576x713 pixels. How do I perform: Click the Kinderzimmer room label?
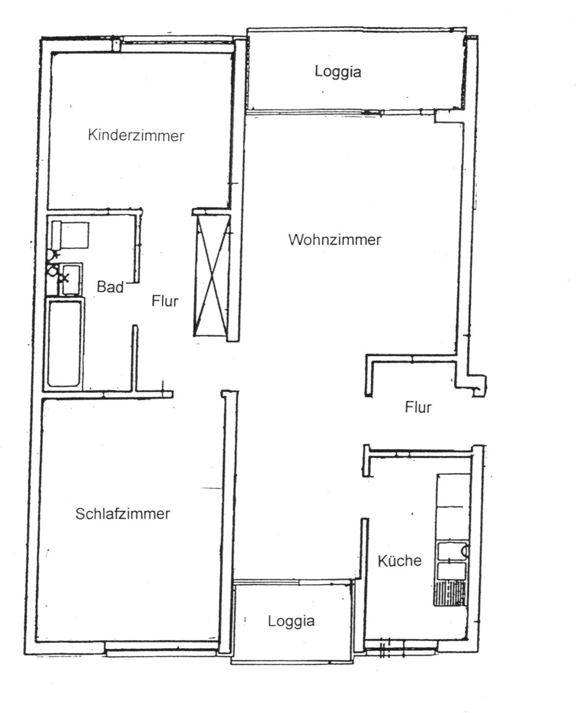pyautogui.click(x=136, y=136)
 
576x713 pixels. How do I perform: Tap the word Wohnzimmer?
pyautogui.click(x=335, y=240)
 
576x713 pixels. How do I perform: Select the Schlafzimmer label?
pyautogui.click(x=123, y=514)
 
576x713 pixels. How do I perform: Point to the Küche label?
pyautogui.click(x=400, y=561)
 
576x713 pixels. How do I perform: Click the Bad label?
pyautogui.click(x=110, y=287)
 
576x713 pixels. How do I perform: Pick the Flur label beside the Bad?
pyautogui.click(x=165, y=301)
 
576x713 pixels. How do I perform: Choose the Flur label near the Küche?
pyautogui.click(x=418, y=407)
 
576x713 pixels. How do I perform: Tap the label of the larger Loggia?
pyautogui.click(x=338, y=72)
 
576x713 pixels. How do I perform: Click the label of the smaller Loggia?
pyautogui.click(x=291, y=621)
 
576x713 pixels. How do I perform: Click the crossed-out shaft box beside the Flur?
pyautogui.click(x=212, y=275)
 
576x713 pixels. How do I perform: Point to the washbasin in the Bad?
pyautogui.click(x=71, y=279)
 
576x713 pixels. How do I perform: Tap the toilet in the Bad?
pyautogui.click(x=70, y=235)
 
